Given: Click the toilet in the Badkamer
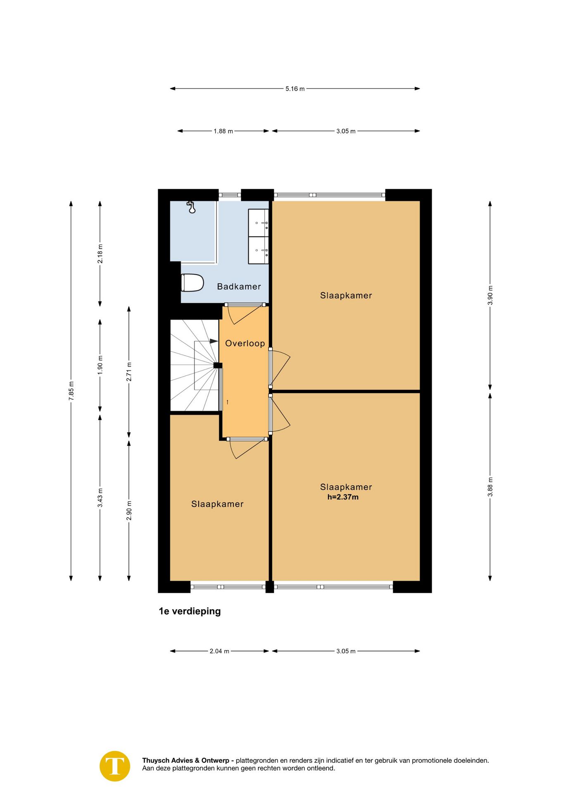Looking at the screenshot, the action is point(193,283).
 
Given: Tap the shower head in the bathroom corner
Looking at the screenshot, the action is point(191,207).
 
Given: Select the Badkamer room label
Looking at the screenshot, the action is point(239,287).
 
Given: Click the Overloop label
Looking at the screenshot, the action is point(245,343).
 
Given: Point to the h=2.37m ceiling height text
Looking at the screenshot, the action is point(343,497).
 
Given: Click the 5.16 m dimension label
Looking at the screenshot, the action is point(295,89).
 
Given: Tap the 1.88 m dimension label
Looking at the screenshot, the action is point(223,131).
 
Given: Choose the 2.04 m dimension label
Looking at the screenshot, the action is point(219,651).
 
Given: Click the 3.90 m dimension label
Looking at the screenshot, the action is point(490,295).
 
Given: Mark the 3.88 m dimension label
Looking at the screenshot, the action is point(490,487).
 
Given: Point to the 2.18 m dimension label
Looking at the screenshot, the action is point(100,254).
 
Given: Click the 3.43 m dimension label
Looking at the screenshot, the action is point(100,498).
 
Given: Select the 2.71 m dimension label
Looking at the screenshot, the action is point(129,372).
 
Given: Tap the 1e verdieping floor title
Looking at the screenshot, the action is point(190,611).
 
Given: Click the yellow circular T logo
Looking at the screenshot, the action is point(115,766).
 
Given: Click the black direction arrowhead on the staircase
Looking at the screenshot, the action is point(214,341).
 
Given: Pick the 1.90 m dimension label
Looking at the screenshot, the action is point(100,365).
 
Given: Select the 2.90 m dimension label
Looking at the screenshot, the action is point(129,510).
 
